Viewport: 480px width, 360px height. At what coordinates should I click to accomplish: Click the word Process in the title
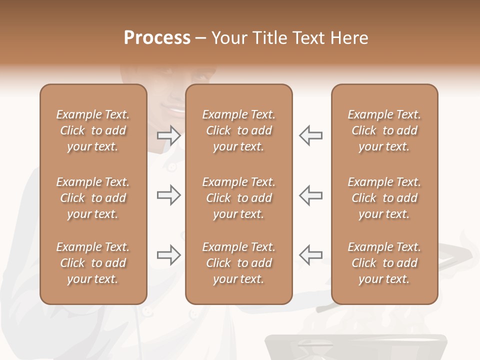click(x=157, y=38)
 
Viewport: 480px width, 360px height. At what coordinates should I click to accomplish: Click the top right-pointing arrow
click(x=169, y=135)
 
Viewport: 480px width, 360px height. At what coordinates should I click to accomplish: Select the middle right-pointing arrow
click(x=169, y=195)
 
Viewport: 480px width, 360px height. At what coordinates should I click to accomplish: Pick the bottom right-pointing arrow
click(x=169, y=255)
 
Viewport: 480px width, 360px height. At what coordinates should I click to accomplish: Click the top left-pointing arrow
click(x=311, y=135)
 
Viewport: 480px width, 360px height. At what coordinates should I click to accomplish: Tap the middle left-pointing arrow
click(x=311, y=195)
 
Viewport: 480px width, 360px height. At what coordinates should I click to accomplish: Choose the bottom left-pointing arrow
click(x=311, y=255)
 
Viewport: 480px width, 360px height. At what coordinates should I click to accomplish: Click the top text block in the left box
click(x=93, y=130)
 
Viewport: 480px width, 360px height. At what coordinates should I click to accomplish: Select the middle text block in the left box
click(x=93, y=198)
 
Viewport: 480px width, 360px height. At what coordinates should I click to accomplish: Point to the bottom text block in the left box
click(x=93, y=263)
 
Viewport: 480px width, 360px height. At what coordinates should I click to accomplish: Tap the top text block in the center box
click(x=238, y=130)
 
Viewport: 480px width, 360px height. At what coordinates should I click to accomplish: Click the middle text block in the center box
click(x=238, y=198)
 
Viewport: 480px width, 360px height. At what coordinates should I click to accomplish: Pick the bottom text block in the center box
click(x=238, y=263)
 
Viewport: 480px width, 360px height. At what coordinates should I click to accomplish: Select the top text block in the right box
click(x=384, y=130)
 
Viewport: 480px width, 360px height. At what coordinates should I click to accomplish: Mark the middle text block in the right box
click(x=384, y=198)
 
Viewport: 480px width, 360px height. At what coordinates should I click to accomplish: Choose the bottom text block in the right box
click(x=384, y=263)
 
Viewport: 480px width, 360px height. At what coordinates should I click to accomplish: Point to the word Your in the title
click(x=230, y=38)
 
